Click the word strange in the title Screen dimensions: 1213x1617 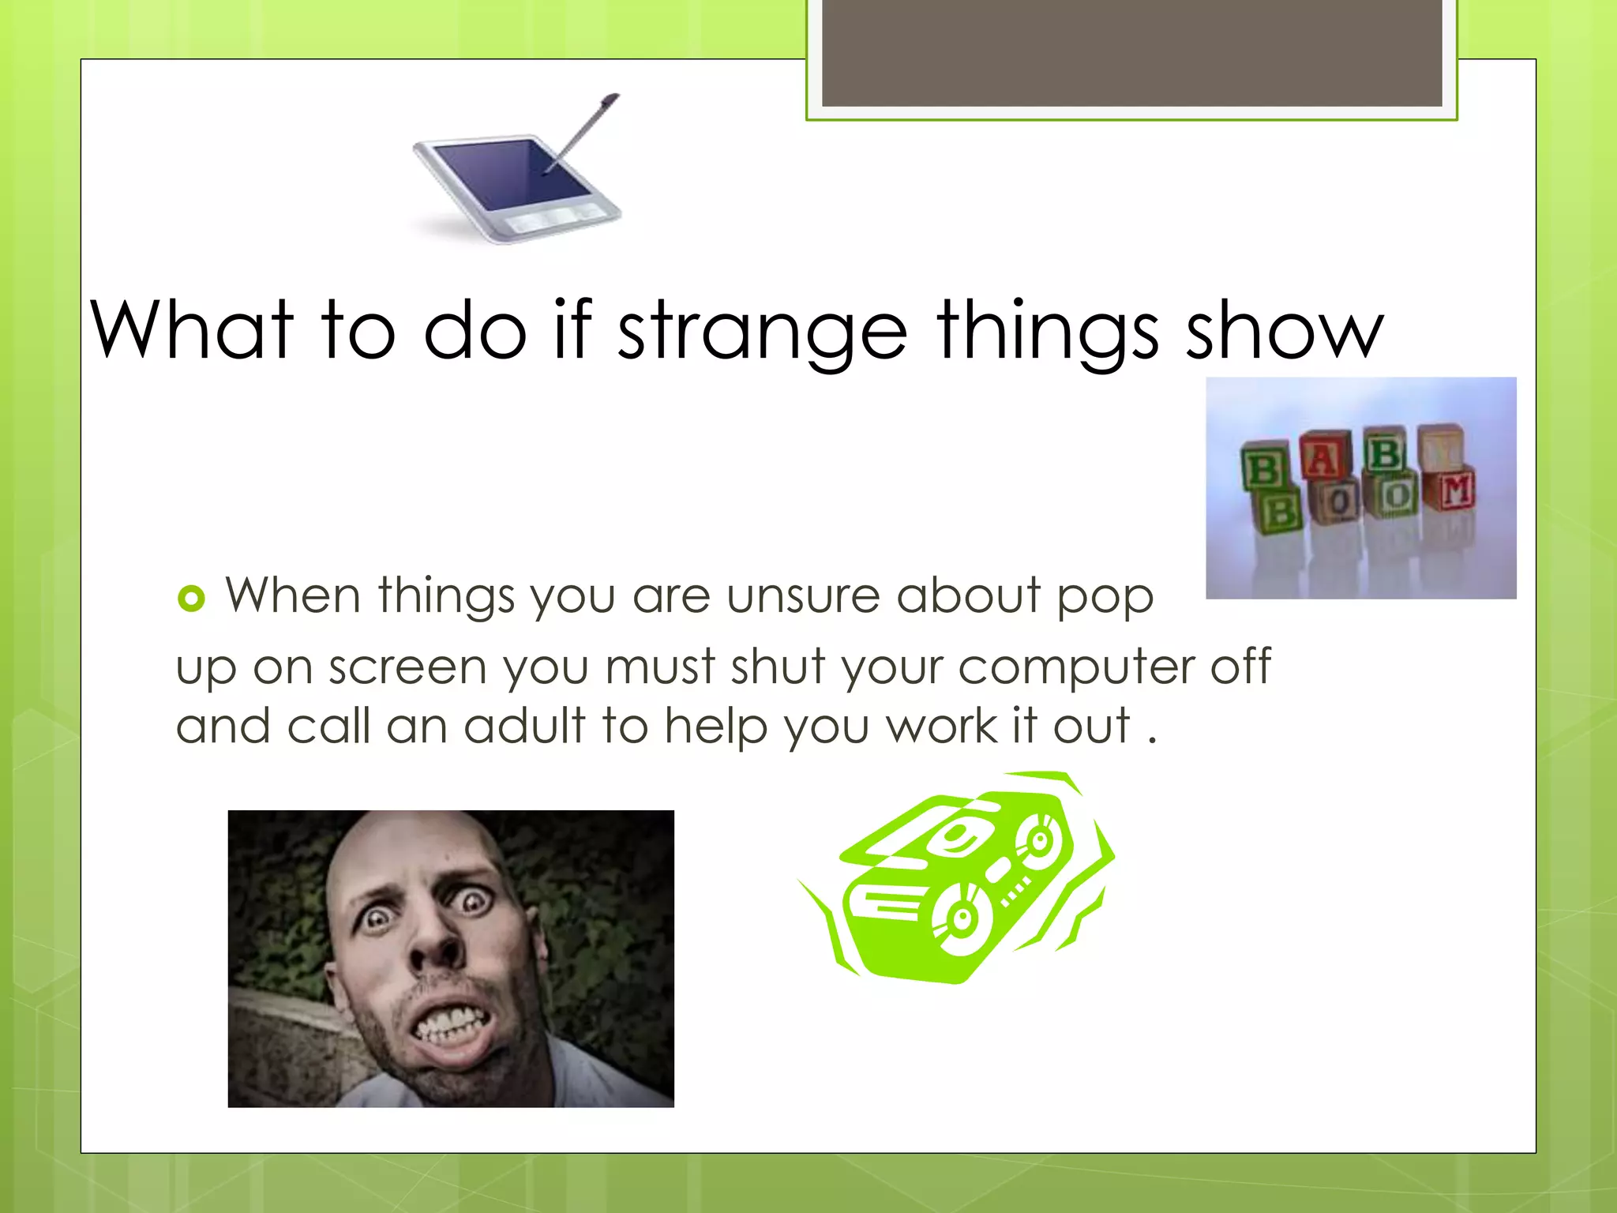pyautogui.click(x=761, y=332)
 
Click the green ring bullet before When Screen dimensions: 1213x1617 pyautogui.click(x=191, y=598)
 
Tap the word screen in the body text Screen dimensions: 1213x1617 pyautogui.click(x=407, y=668)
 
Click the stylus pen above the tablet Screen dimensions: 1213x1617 pyautogui.click(x=584, y=130)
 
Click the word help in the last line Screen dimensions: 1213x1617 pyautogui.click(x=715, y=726)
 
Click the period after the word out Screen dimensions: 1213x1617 pyautogui.click(x=1152, y=741)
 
